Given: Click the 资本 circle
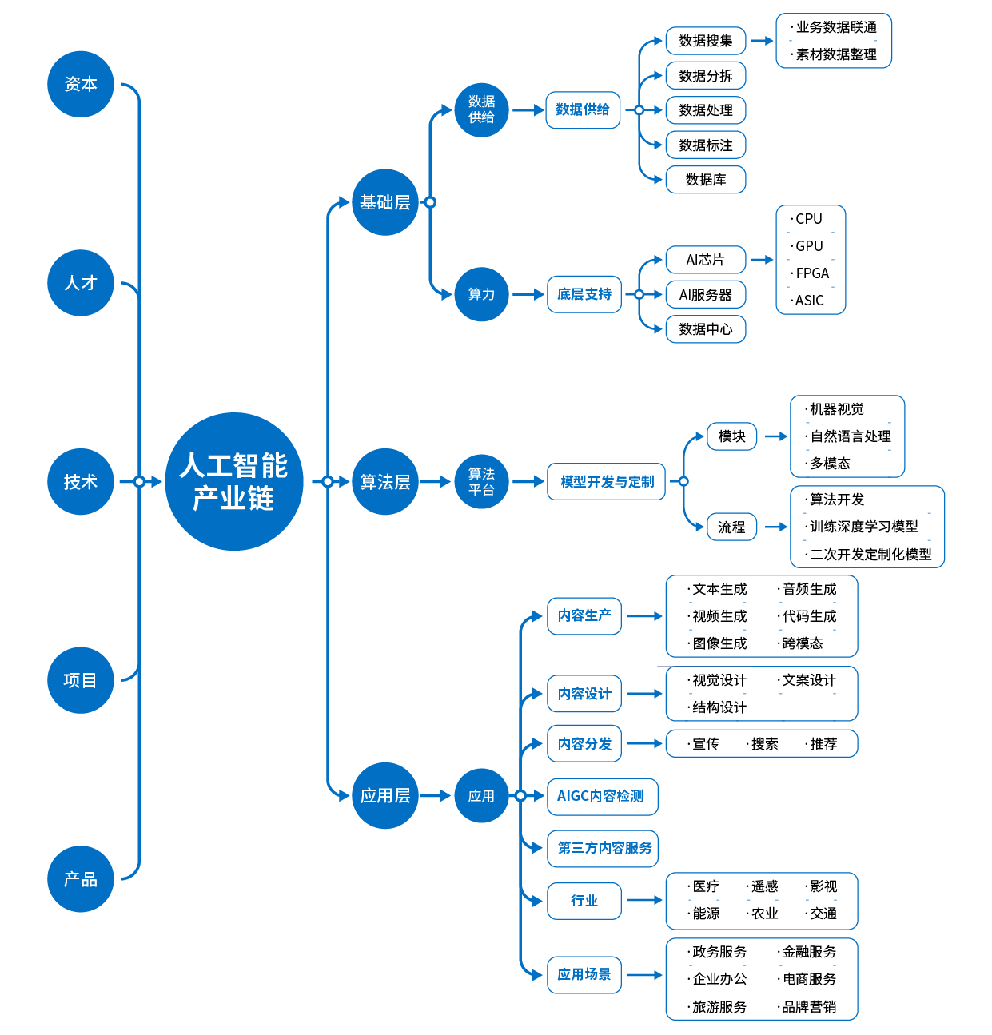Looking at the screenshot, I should pos(80,84).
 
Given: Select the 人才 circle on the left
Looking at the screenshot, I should pos(80,283).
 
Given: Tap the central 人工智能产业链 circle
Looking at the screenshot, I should pos(233,481).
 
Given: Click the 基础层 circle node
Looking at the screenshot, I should pos(384,202).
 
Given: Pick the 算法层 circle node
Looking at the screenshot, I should pos(384,481).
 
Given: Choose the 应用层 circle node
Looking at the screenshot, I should pos(384,795).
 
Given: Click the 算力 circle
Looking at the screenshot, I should pos(481,294).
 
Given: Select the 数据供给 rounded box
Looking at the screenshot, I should pos(583,109).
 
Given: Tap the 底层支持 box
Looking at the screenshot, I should pos(584,294).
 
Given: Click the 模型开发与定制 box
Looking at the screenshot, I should pos(606,481).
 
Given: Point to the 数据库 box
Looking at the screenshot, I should pos(705,180).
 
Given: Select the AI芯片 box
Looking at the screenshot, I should pos(705,260).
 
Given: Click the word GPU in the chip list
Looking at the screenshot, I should pos(809,246).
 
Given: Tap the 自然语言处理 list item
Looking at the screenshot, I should pos(851,436).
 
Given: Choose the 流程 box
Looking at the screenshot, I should pos(731,527).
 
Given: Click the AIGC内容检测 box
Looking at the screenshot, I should pos(601,796).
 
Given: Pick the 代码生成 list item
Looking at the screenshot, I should pos(809,616).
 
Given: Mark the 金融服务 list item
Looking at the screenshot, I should pos(809,952).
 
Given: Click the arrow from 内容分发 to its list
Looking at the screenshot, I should pos(644,744).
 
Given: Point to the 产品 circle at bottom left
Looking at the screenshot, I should pos(80,879).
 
